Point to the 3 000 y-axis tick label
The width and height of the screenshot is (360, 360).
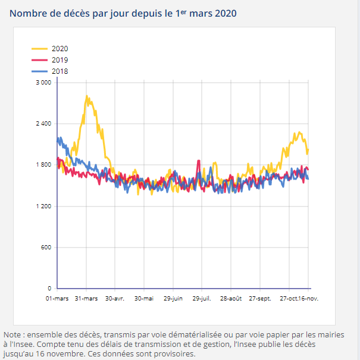43,82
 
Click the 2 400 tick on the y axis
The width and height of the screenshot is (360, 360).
43,124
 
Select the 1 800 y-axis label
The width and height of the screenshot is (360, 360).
43,165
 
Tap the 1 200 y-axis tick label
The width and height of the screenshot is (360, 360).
43,206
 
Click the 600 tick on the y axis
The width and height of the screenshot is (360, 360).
46,248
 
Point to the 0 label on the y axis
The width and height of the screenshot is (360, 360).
50,289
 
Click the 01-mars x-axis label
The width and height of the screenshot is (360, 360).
57,298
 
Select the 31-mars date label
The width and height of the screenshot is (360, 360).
86,298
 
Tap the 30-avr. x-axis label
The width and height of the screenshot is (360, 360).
115,298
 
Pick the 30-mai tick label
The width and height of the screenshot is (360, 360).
144,298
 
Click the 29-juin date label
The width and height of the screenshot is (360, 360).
173,298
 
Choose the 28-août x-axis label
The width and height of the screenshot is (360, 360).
231,298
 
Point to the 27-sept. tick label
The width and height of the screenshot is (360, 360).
260,298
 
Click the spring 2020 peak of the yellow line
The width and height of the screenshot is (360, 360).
87,96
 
